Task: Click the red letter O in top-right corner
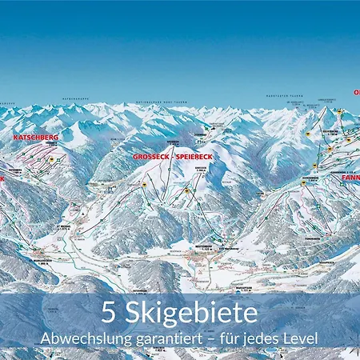point(357,92)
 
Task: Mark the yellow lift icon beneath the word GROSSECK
point(145,185)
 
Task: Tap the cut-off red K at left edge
point(2,178)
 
